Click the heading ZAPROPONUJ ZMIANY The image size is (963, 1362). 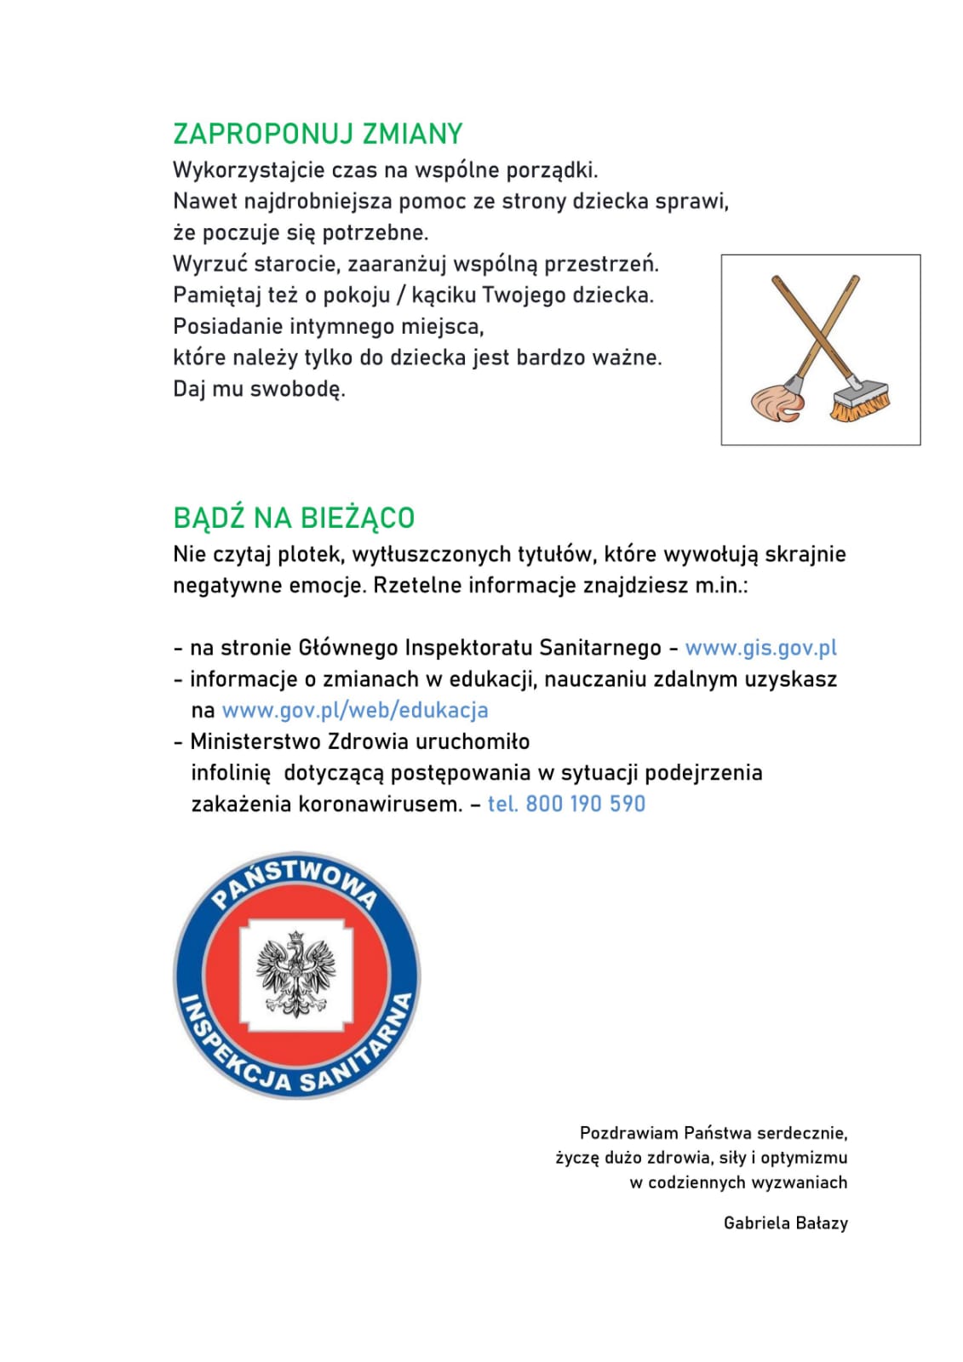[317, 134]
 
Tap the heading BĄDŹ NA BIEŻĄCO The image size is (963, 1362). [293, 518]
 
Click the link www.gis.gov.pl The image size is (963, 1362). [760, 648]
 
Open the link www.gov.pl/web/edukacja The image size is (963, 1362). [354, 710]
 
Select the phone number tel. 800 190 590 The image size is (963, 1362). [566, 804]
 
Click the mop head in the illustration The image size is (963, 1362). [776, 401]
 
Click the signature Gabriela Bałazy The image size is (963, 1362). [785, 1223]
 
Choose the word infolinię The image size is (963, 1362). [231, 773]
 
